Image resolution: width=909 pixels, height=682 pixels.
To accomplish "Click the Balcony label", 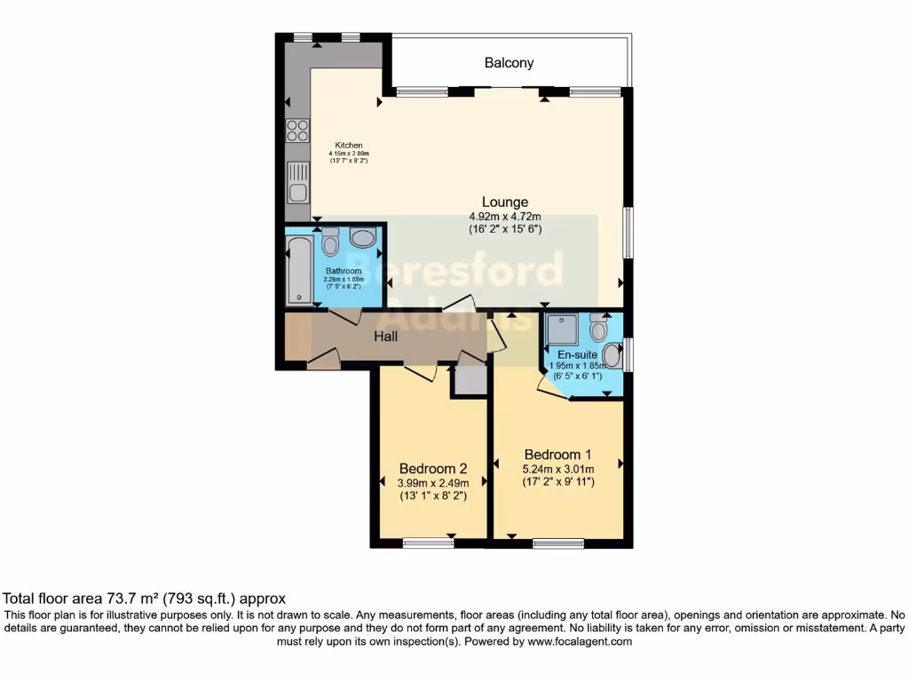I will pyautogui.click(x=510, y=63).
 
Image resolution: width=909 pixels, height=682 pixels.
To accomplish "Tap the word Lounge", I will pyautogui.click(x=505, y=202).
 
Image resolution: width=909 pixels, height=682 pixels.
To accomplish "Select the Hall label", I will pyautogui.click(x=385, y=337).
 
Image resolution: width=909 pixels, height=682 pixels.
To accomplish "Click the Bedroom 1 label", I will pyautogui.click(x=557, y=454).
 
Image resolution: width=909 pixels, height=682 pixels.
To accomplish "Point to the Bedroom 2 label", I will pyautogui.click(x=432, y=468).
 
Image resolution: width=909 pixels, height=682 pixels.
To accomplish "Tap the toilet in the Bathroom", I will pyautogui.click(x=330, y=242).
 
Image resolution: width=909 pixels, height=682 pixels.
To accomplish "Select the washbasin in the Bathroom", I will pyautogui.click(x=362, y=237).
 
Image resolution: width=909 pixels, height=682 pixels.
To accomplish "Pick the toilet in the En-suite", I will pyautogui.click(x=599, y=329).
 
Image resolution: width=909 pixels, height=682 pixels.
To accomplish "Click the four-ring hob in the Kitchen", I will pyautogui.click(x=297, y=131).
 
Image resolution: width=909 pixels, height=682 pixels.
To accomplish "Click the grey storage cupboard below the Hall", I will pyautogui.click(x=468, y=380).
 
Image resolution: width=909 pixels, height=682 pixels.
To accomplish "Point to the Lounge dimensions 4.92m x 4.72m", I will pyautogui.click(x=505, y=217).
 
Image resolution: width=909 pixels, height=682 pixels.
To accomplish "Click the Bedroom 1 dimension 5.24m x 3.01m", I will pyautogui.click(x=558, y=469).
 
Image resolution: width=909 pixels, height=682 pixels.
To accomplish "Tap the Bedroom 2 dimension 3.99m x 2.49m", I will pyautogui.click(x=432, y=483).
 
